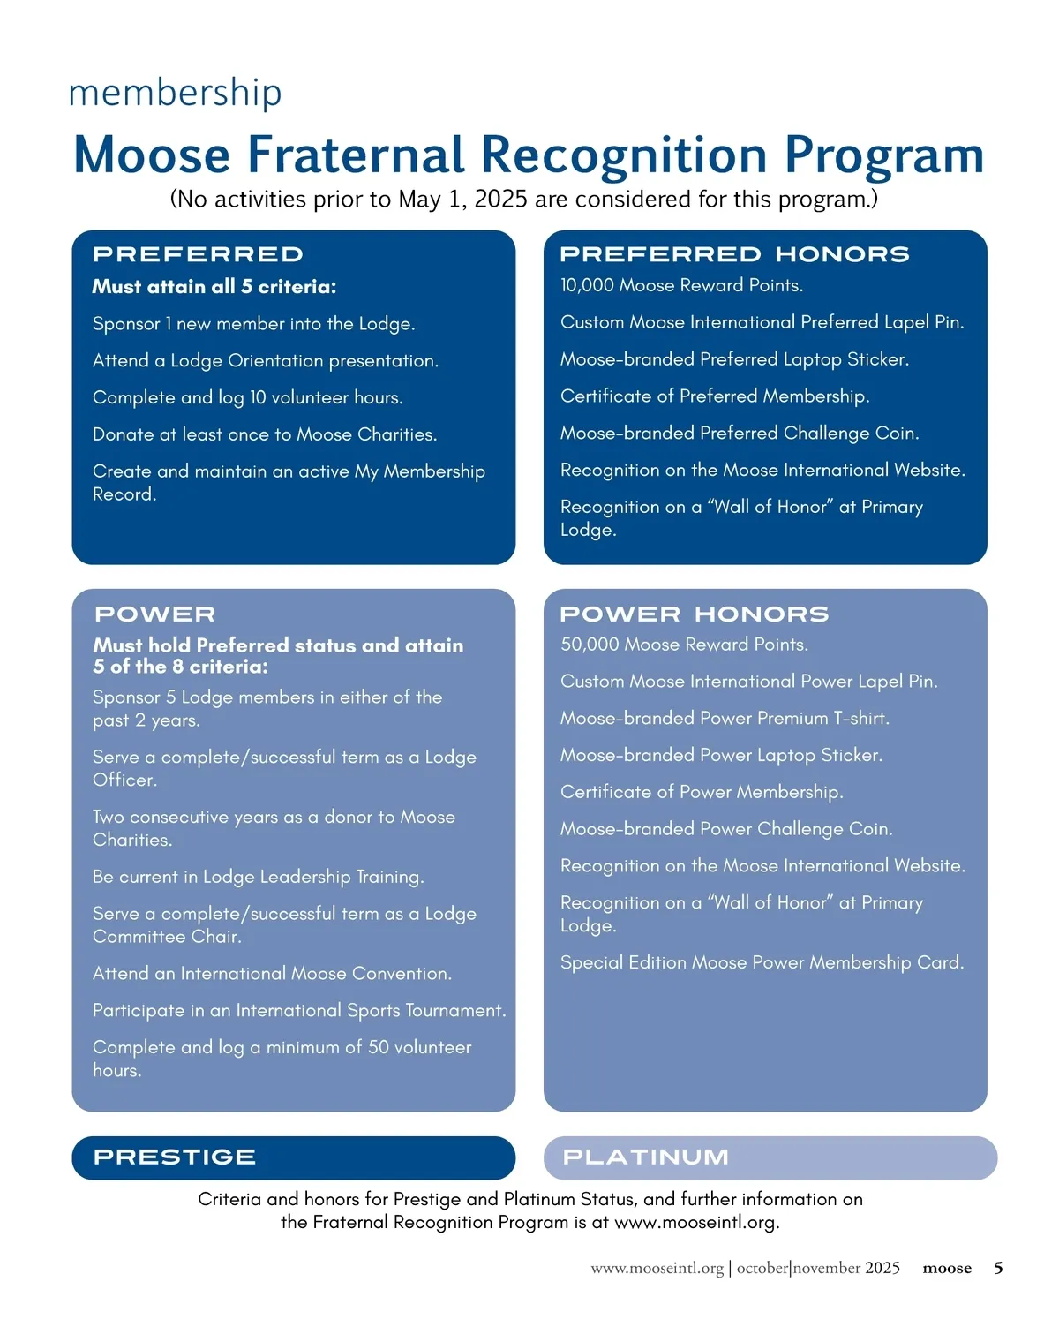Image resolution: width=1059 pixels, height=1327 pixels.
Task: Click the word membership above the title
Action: (x=175, y=93)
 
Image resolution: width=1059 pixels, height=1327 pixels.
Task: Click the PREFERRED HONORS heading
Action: (x=734, y=254)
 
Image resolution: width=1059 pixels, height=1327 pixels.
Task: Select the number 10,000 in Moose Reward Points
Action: (x=587, y=285)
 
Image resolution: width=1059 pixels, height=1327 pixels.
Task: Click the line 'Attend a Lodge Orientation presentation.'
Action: (x=265, y=361)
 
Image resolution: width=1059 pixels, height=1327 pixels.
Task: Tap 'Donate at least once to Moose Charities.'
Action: (x=264, y=434)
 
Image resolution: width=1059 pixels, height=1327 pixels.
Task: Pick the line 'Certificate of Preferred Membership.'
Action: (x=715, y=396)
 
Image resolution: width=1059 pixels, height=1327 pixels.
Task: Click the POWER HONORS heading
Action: (x=694, y=614)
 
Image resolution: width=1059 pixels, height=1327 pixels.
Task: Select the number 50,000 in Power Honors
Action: (x=590, y=645)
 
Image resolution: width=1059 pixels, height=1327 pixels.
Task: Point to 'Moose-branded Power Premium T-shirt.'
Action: (x=725, y=719)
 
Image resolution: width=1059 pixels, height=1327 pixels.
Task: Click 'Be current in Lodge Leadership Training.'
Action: (x=258, y=877)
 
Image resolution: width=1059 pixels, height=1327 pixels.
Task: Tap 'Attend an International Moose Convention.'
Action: (x=272, y=974)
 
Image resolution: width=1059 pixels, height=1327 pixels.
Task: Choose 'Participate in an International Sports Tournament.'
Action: (x=299, y=1011)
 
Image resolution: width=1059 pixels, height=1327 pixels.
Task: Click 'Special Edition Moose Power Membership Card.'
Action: (x=762, y=962)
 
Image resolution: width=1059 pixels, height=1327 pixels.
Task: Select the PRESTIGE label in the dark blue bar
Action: (x=175, y=1157)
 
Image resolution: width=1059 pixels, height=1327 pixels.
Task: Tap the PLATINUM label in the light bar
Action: (x=646, y=1157)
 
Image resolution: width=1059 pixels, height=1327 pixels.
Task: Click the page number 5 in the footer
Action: (x=998, y=1269)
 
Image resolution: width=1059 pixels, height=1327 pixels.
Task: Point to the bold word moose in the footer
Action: (x=947, y=1269)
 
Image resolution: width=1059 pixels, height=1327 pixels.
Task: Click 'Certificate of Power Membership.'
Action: (x=702, y=792)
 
